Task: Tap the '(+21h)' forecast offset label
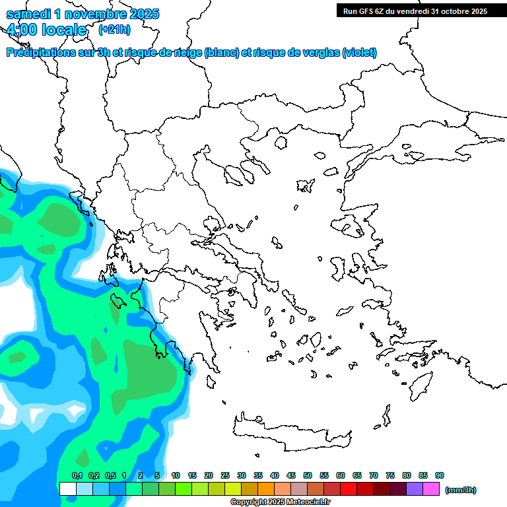[114, 29]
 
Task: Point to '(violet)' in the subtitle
[360, 53]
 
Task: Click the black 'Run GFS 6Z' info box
[415, 11]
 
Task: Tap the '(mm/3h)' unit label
[460, 490]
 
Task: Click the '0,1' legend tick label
[77, 475]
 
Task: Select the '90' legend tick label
[440, 475]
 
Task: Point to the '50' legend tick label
[308, 475]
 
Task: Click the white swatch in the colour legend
[67, 489]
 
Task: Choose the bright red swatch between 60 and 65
[349, 489]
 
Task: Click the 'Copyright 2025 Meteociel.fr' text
[280, 502]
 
